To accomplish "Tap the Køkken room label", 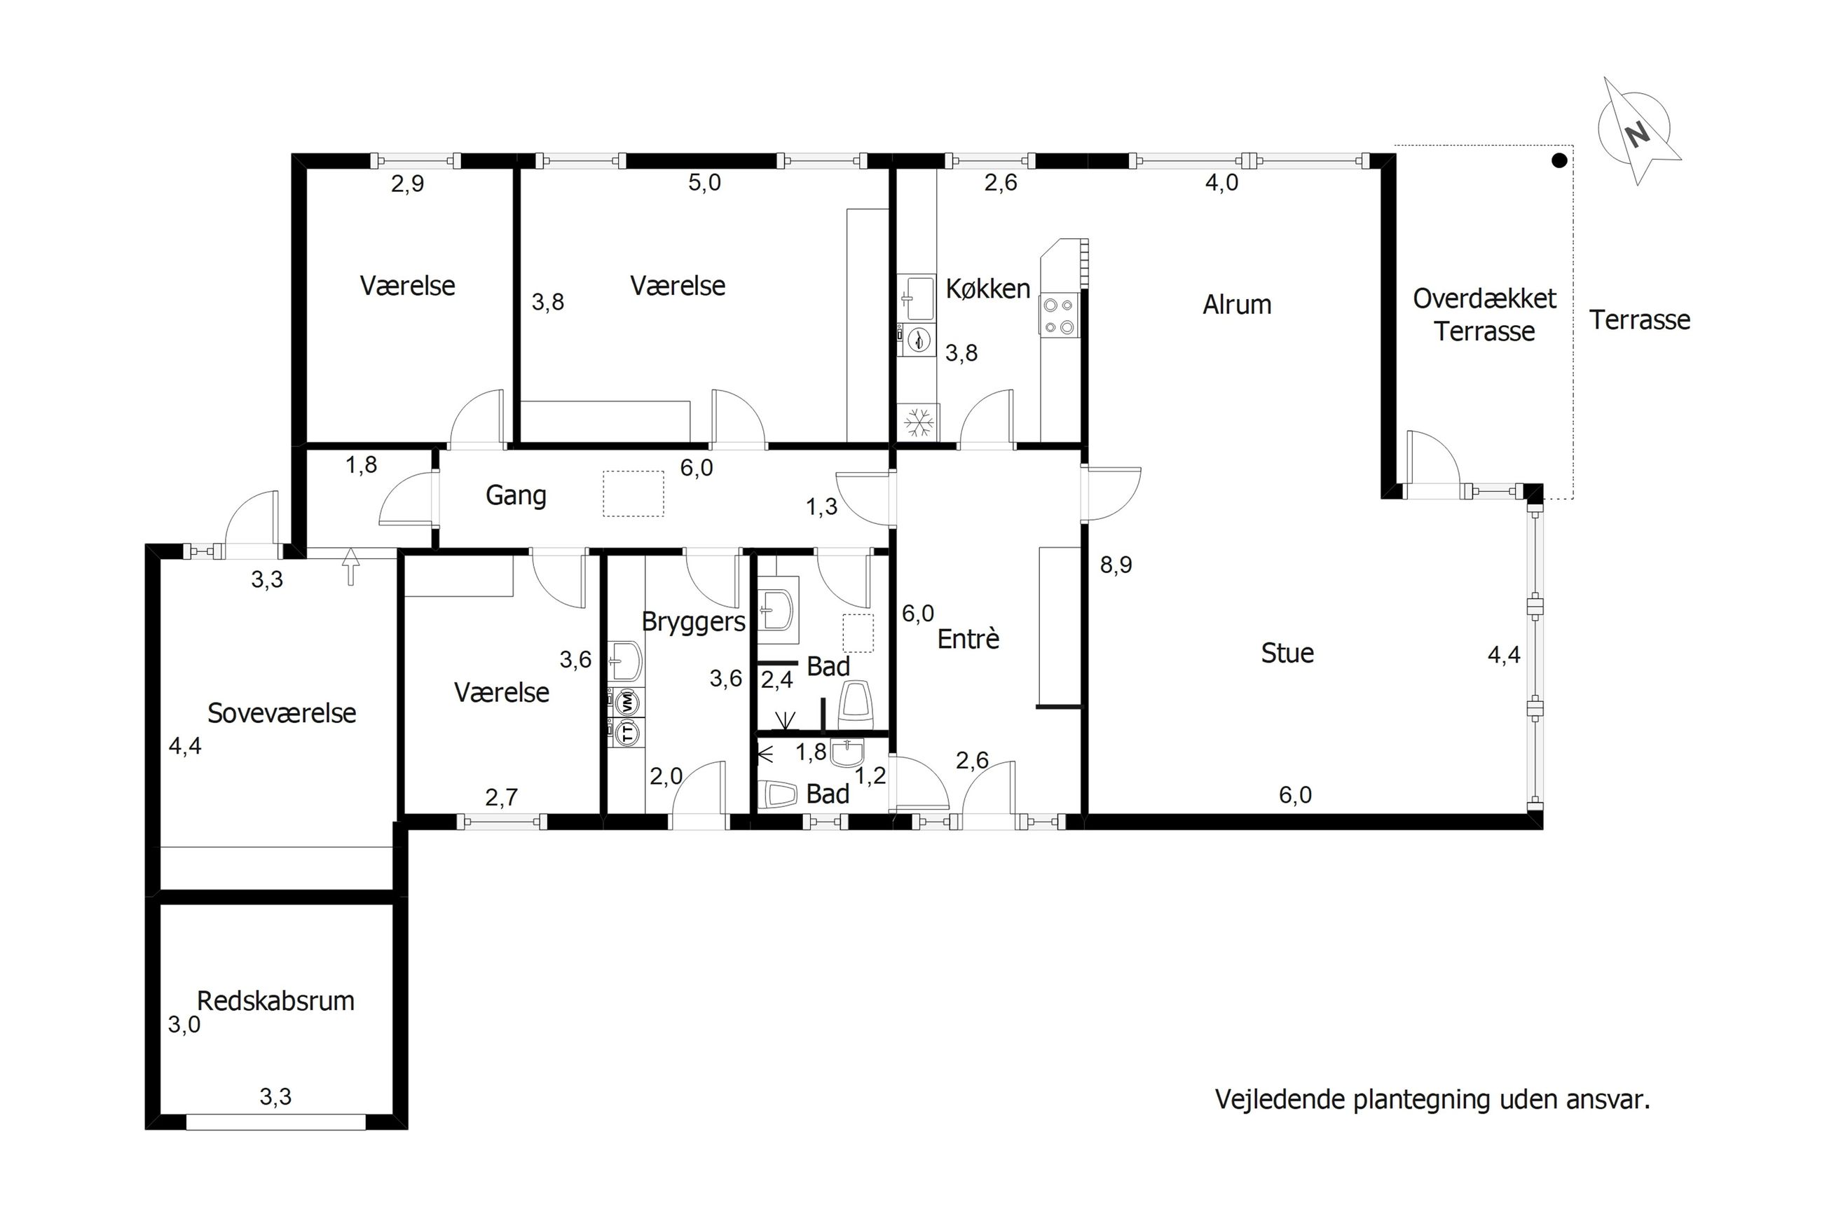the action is coord(987,289).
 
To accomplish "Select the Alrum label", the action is coord(1237,305).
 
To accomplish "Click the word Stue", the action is coord(1287,654).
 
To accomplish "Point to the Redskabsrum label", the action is coord(275,1001).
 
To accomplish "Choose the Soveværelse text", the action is coord(282,713).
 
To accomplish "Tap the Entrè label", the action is coord(968,639).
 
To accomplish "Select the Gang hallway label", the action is coord(516,495).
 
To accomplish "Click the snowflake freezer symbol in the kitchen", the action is coord(918,422).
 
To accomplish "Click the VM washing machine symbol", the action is coord(627,703).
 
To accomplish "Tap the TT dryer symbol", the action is coord(627,731).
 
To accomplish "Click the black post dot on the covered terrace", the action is coord(1559,160).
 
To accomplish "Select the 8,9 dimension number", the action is coord(1116,565).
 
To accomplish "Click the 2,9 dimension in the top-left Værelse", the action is coord(407,184).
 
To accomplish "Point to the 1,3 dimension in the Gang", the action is coord(821,507).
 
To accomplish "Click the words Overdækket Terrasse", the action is coord(1484,315).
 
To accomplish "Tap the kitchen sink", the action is coord(917,297).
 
